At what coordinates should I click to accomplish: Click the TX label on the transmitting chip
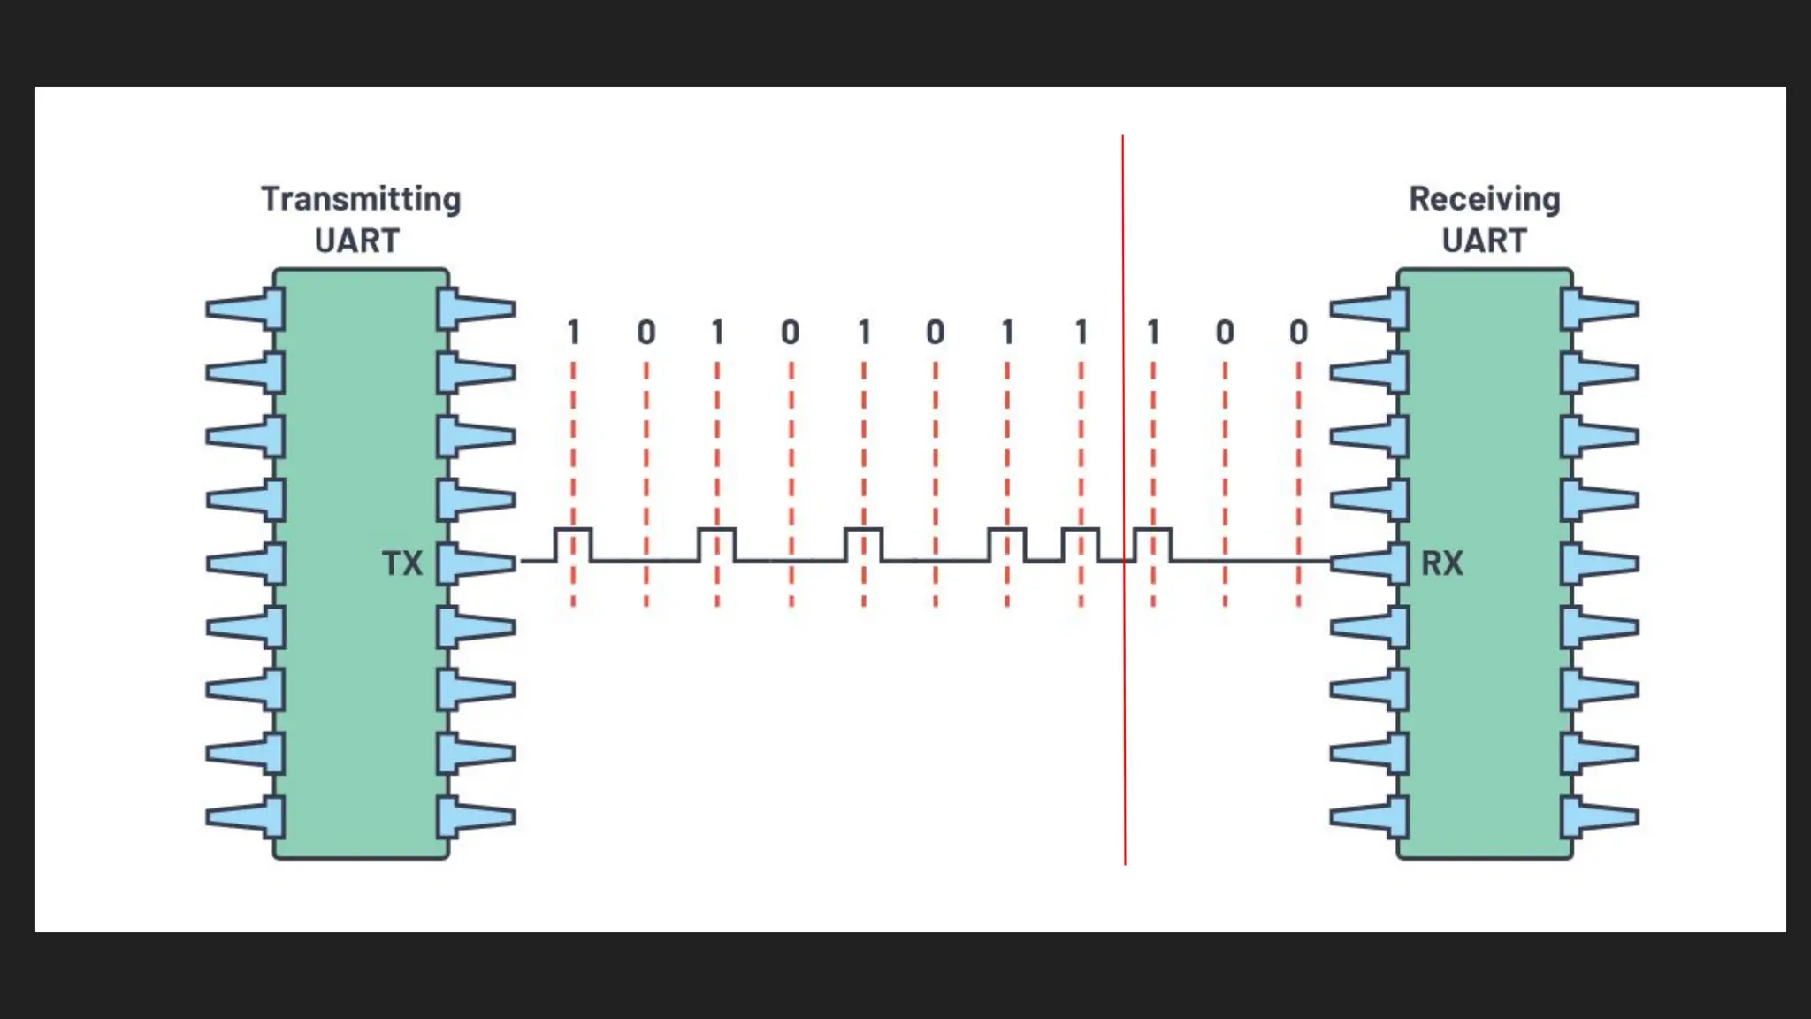point(402,563)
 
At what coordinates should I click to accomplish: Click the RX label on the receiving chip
point(1442,563)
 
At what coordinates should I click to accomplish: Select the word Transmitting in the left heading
point(361,199)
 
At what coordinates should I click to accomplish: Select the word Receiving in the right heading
point(1484,199)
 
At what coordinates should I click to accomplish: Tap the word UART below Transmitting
point(357,241)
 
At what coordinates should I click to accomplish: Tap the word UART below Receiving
point(1484,241)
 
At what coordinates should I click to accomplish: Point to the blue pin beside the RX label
point(1371,563)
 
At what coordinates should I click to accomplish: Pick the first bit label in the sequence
point(574,333)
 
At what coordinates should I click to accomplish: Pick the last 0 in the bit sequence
point(1298,333)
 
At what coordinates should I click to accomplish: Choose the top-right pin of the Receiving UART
point(1600,310)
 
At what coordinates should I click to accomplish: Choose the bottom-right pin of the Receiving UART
point(1600,817)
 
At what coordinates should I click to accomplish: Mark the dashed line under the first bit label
point(573,442)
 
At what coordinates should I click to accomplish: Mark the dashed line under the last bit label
point(1298,442)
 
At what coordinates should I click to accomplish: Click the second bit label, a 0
point(646,333)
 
